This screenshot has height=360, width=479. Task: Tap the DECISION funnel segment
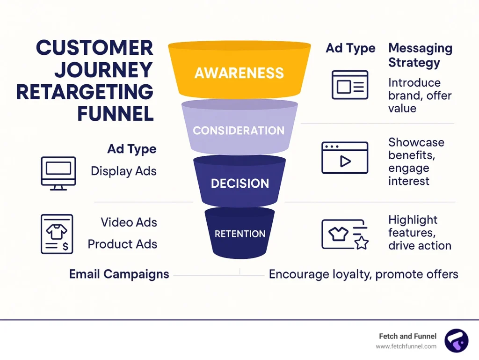tap(239, 183)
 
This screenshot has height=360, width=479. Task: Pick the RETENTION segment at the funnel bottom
tap(239, 234)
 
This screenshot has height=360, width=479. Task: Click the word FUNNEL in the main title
tap(116, 113)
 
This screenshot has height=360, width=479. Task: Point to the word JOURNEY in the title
tap(103, 70)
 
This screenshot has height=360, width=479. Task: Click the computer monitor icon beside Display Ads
tap(58, 173)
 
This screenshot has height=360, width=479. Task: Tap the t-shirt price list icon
tap(57, 234)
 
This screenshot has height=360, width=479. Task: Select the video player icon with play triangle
tap(344, 158)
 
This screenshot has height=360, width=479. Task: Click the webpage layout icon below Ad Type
tap(350, 85)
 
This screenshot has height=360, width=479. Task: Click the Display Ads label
tap(123, 171)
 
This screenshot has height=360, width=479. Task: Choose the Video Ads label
tap(129, 222)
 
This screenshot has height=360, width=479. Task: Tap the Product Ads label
tap(123, 244)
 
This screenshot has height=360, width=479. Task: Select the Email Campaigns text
tap(119, 274)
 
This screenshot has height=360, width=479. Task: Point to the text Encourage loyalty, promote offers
tap(363, 274)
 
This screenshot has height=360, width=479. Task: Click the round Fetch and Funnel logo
tap(456, 340)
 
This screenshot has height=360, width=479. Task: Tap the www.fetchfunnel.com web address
tap(406, 346)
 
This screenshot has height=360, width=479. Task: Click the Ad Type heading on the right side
tap(350, 48)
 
